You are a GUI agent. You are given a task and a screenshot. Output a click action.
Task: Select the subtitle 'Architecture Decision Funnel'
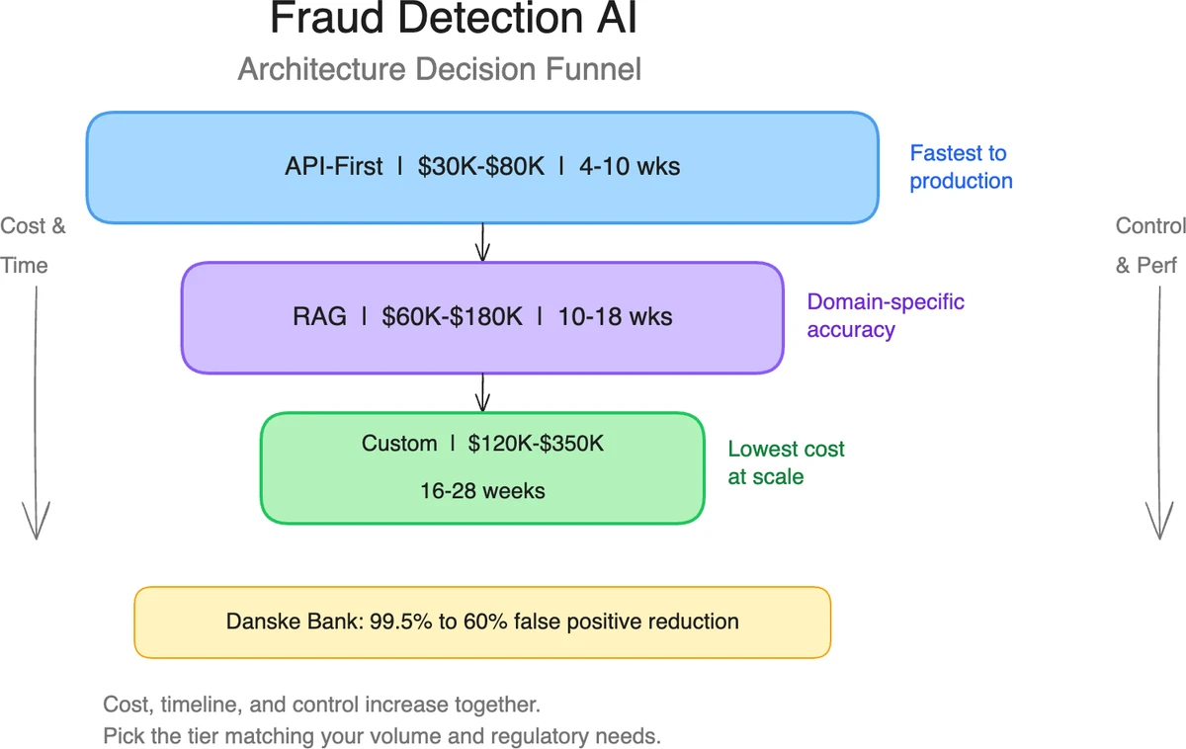point(440,70)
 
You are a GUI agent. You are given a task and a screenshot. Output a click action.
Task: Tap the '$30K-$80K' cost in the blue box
point(480,167)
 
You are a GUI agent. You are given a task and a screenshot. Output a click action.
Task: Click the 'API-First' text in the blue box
point(333,167)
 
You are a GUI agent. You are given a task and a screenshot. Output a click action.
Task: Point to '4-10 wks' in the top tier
point(631,167)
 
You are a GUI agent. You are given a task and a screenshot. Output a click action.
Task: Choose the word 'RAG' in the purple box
point(320,317)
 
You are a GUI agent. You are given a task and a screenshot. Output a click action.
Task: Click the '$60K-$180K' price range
point(452,317)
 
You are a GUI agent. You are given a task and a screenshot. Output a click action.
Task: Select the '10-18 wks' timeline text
point(615,317)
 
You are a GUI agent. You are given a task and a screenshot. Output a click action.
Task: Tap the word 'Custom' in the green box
point(399,444)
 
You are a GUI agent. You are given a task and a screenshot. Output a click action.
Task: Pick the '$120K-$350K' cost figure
point(536,444)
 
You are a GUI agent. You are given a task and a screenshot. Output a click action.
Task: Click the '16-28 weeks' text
point(482,491)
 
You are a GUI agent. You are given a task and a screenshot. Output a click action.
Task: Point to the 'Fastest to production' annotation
point(961,167)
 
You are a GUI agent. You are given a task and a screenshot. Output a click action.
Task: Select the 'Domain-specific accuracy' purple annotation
point(886,316)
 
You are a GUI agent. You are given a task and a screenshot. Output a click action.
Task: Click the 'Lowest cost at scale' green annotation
point(786,462)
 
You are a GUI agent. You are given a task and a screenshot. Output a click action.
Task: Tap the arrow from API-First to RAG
point(482,243)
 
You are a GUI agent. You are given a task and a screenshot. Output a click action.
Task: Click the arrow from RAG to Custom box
point(482,393)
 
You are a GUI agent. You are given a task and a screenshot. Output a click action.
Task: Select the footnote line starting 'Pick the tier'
point(381,737)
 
